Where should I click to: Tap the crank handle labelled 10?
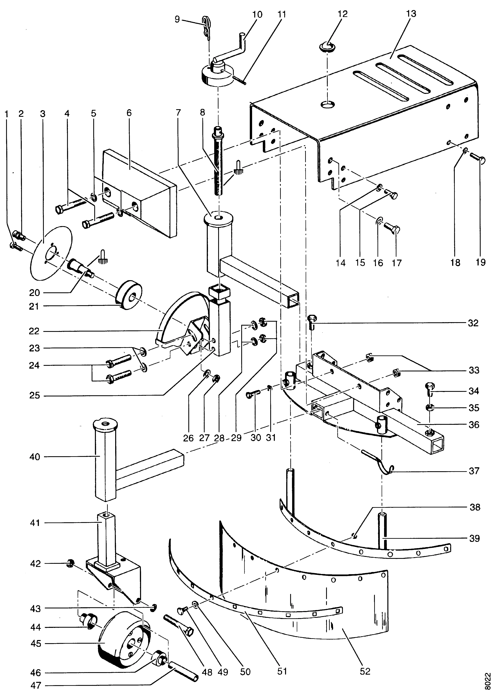[x=232, y=52]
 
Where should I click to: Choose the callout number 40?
[x=35, y=457]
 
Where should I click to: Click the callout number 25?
[x=35, y=396]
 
